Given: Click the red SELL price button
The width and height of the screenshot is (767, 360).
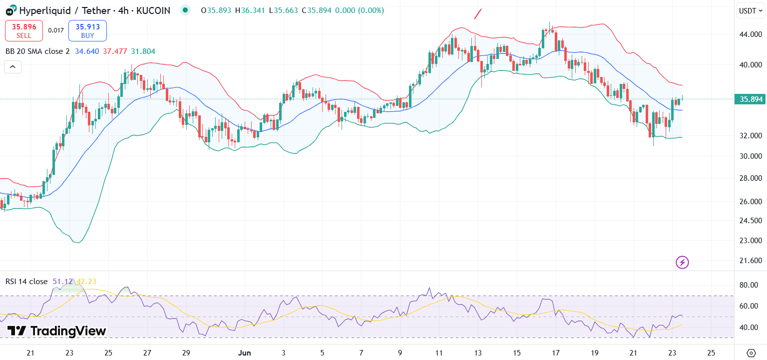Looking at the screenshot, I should (x=24, y=30).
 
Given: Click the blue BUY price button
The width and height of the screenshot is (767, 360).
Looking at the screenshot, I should (x=87, y=30).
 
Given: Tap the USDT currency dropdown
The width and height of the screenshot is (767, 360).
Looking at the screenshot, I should (x=751, y=10).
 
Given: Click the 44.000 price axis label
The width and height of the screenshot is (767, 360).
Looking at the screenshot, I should (x=751, y=34).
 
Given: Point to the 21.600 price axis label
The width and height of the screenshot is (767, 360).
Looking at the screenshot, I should (x=751, y=261).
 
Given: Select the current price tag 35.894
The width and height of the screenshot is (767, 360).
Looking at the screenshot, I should (x=751, y=99).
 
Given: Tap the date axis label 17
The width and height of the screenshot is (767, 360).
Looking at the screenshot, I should (x=556, y=353).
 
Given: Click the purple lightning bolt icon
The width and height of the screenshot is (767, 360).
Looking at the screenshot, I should (x=682, y=262).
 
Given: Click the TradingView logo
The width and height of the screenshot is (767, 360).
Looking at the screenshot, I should (x=56, y=331).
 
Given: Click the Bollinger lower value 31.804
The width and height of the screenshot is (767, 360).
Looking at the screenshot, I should (x=143, y=51).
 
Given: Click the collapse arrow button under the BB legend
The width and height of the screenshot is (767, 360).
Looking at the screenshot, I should (x=13, y=66).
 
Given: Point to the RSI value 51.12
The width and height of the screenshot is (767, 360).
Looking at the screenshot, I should (x=62, y=282).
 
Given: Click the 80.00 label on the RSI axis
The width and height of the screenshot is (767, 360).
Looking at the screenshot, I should (x=749, y=285).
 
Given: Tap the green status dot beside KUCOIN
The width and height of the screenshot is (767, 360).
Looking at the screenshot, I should (x=186, y=10).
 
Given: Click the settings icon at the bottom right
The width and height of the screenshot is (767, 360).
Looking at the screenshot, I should (x=751, y=353).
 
